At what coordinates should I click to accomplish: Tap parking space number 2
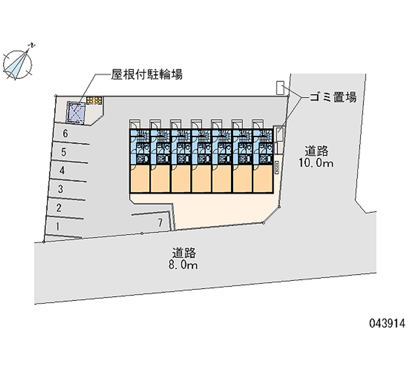click(x=59, y=208)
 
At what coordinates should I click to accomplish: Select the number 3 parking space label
click(x=60, y=189)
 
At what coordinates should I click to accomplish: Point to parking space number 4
click(x=62, y=170)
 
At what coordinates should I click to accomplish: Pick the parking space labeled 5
click(x=63, y=152)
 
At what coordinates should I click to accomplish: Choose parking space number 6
click(x=65, y=133)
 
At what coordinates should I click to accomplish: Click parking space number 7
click(x=160, y=222)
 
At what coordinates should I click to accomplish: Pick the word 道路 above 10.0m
click(x=318, y=151)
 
